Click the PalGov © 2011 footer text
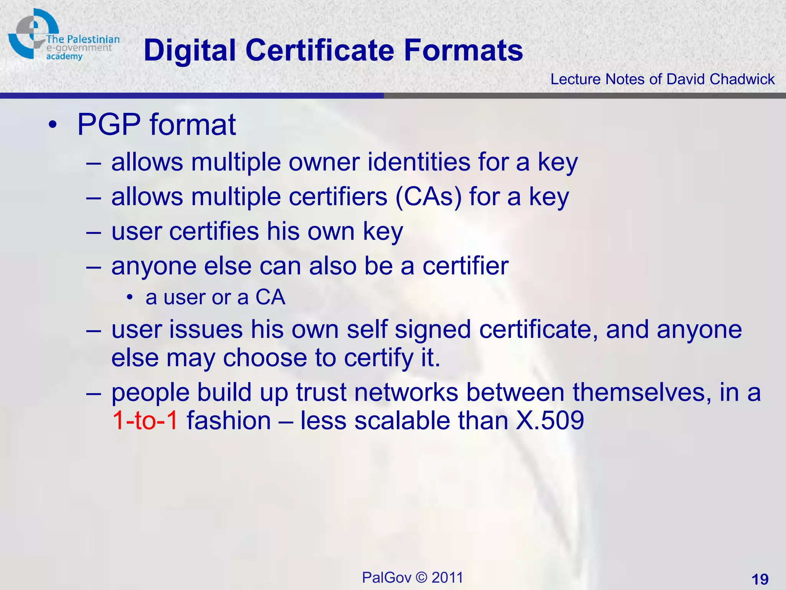pyautogui.click(x=413, y=577)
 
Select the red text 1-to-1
pyautogui.click(x=145, y=420)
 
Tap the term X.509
pyautogui.click(x=550, y=420)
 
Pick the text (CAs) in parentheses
pyautogui.click(x=428, y=197)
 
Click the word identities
pyautogui.click(x=419, y=162)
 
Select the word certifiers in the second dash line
pyautogui.click(x=338, y=197)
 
